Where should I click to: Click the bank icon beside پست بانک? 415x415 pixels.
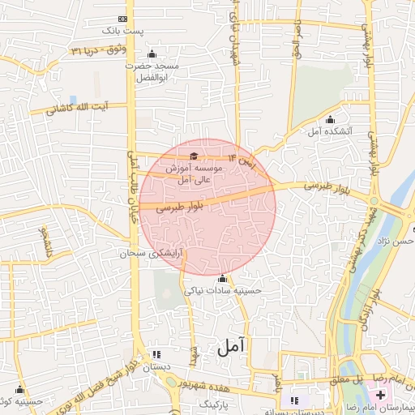(123, 19)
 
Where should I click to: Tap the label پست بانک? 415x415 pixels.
(122, 31)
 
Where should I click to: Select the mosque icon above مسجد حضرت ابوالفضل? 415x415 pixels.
(152, 54)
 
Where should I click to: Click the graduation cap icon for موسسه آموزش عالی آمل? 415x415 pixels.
(193, 156)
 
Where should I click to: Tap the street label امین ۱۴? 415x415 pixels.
(242, 158)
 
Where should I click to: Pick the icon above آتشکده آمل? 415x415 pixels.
(330, 120)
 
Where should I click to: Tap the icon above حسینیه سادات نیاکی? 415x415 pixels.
(222, 279)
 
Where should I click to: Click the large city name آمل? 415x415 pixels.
(230, 348)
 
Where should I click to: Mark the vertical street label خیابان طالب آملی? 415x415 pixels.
(130, 185)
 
